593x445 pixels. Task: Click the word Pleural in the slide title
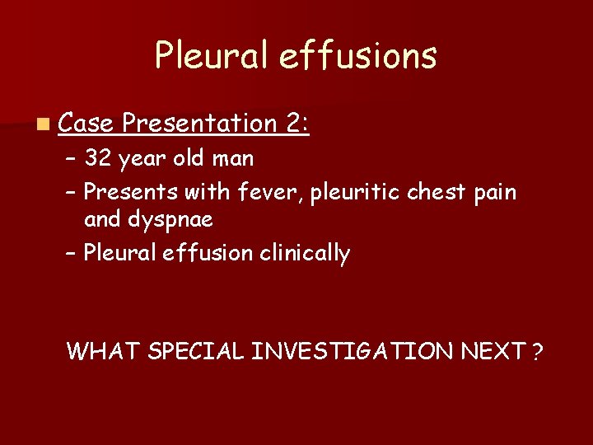(211, 55)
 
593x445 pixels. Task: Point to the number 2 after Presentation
(295, 124)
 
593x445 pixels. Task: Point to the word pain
(497, 193)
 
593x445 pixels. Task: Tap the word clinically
(305, 253)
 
